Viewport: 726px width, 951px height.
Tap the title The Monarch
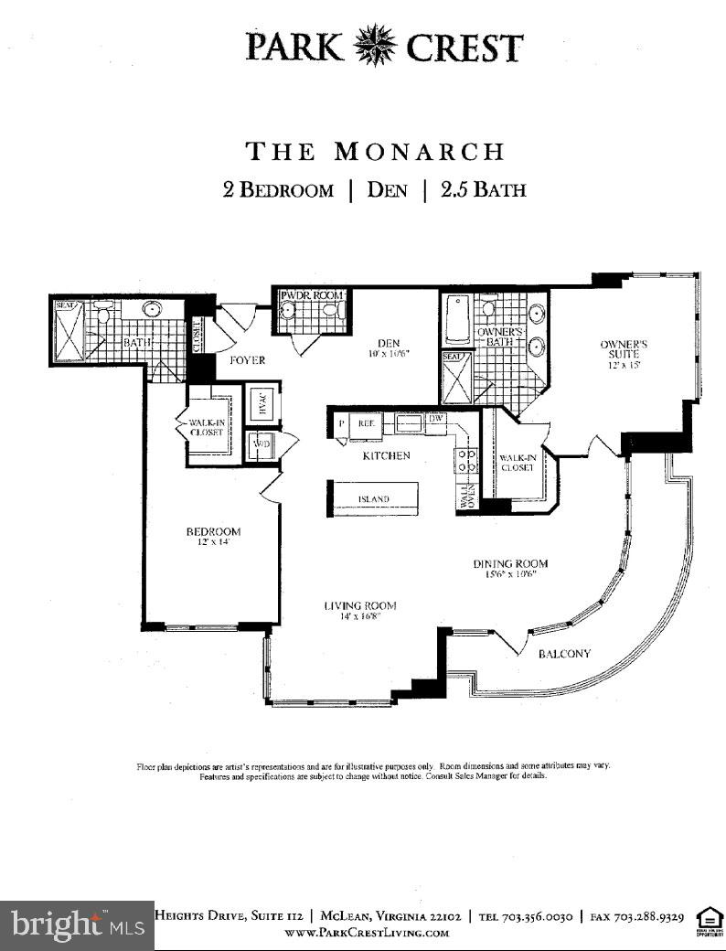click(x=375, y=151)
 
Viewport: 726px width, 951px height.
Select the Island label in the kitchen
click(x=373, y=499)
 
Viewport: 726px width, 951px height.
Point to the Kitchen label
click(x=387, y=455)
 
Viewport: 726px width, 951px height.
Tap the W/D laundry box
click(x=262, y=445)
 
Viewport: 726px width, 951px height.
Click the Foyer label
click(x=246, y=360)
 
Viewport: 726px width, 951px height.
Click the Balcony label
click(x=563, y=654)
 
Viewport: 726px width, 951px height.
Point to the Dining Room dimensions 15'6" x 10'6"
click(x=510, y=575)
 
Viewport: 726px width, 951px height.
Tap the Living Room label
click(x=359, y=605)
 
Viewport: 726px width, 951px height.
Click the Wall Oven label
click(x=465, y=497)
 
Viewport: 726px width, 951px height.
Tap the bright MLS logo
click(x=77, y=925)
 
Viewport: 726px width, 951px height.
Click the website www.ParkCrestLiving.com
click(x=367, y=933)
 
